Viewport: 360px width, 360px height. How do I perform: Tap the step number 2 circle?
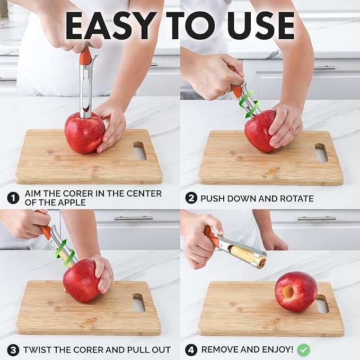191,198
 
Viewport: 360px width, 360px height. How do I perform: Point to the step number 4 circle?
191,350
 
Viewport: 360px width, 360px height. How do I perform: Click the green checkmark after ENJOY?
303,350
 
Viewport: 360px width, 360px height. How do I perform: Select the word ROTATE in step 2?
294,199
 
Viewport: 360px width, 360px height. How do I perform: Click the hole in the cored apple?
287,292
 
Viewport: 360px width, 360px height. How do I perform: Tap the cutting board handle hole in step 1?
140,151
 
